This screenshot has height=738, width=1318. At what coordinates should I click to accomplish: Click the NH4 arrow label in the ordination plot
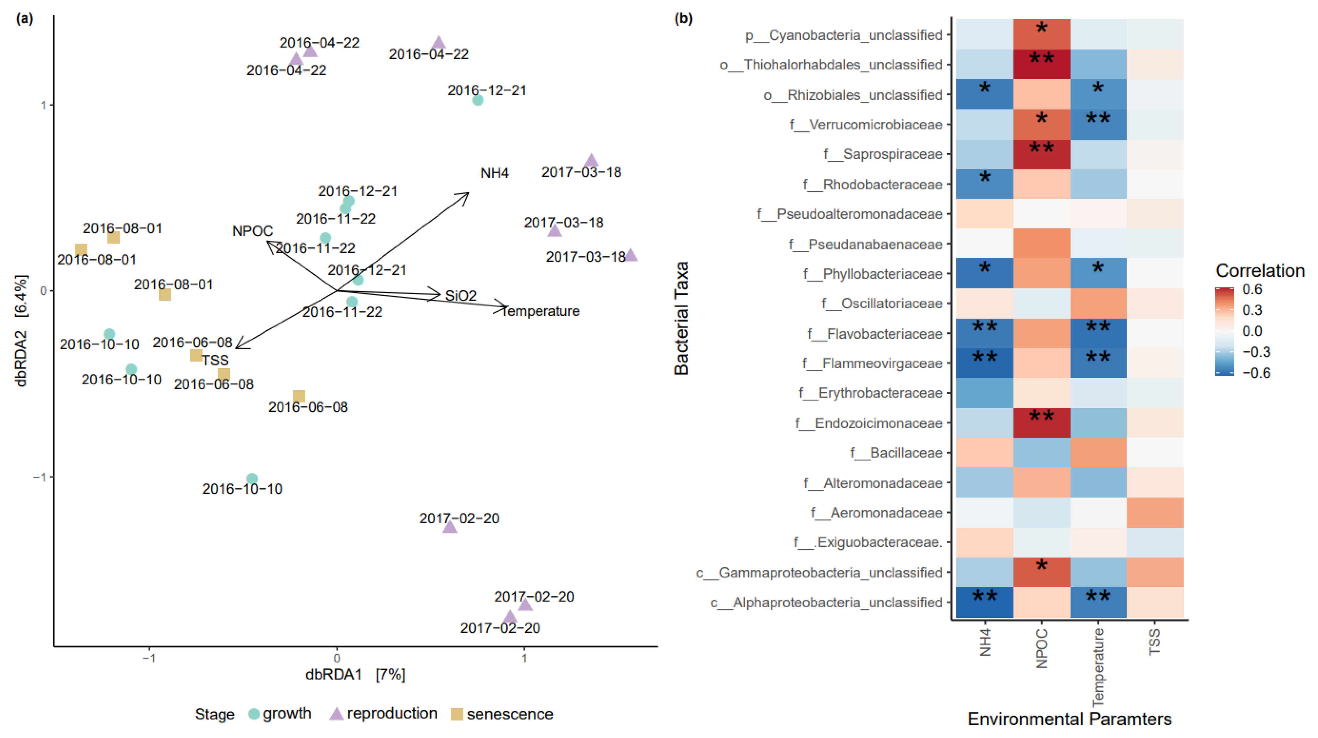pyautogui.click(x=494, y=173)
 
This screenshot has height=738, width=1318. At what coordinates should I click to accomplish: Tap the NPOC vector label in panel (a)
pyautogui.click(x=252, y=231)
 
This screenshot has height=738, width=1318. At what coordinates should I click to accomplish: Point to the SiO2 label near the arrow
pyautogui.click(x=460, y=296)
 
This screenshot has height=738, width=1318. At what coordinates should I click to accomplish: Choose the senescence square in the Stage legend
pyautogui.click(x=457, y=714)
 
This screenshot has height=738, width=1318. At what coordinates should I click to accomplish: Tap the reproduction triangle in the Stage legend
pyautogui.click(x=336, y=714)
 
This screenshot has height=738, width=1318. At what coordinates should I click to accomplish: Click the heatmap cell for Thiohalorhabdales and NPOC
pyautogui.click(x=1041, y=65)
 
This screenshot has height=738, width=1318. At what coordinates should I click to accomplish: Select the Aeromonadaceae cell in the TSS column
pyautogui.click(x=1155, y=512)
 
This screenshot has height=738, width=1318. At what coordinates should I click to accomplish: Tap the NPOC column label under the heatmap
pyautogui.click(x=1042, y=648)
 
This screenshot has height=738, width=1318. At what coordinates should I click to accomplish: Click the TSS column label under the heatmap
pyautogui.click(x=1155, y=642)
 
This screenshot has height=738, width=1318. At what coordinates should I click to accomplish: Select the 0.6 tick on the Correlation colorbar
pyautogui.click(x=1252, y=289)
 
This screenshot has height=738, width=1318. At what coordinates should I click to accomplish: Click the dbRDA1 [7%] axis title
pyautogui.click(x=355, y=675)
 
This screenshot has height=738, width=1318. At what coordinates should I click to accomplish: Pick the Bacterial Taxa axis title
pyautogui.click(x=681, y=318)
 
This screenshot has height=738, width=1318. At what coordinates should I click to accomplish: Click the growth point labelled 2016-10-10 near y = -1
pyautogui.click(x=252, y=479)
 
